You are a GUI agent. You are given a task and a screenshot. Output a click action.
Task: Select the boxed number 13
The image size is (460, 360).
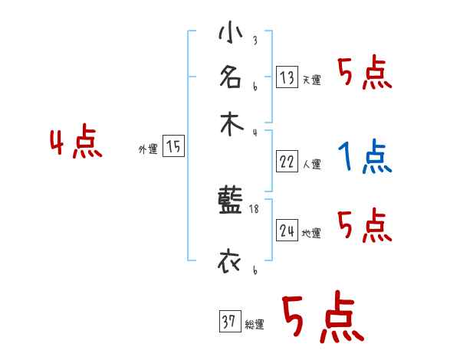pos(287,77)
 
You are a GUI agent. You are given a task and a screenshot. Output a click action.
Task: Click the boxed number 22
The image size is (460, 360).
pos(287,162)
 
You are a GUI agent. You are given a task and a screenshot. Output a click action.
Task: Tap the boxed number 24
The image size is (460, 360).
pos(287,231)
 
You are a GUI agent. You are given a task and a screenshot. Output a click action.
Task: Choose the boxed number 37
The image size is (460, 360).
pos(228,322)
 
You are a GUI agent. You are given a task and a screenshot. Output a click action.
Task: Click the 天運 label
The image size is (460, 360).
pos(311,80)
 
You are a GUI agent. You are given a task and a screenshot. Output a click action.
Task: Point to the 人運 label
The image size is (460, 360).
pos(311,164)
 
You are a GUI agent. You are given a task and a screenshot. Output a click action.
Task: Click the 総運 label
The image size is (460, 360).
pos(254,325)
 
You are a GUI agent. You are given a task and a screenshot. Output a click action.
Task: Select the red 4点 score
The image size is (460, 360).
pos(76,144)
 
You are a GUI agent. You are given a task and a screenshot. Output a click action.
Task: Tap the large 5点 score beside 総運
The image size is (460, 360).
pos(322,319)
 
